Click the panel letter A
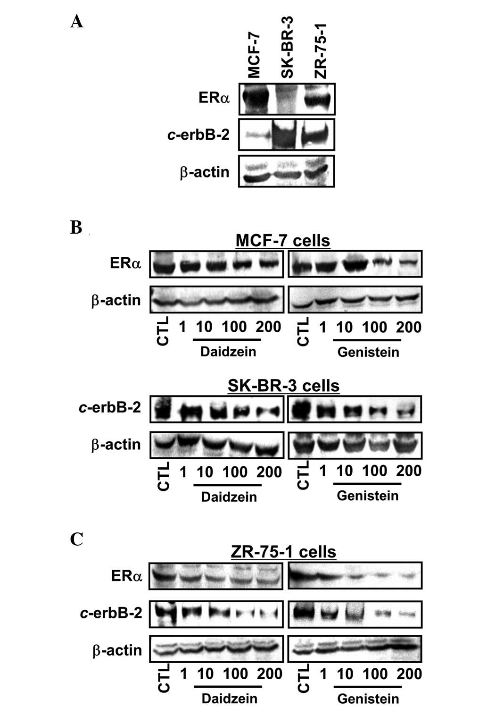(77, 22)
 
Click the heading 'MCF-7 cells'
(282, 241)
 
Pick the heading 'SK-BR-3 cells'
(283, 386)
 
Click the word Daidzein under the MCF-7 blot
(229, 352)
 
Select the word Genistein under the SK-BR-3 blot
(368, 496)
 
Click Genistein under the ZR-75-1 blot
(368, 699)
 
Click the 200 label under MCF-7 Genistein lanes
(409, 327)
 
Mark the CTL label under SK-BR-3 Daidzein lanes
(163, 477)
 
